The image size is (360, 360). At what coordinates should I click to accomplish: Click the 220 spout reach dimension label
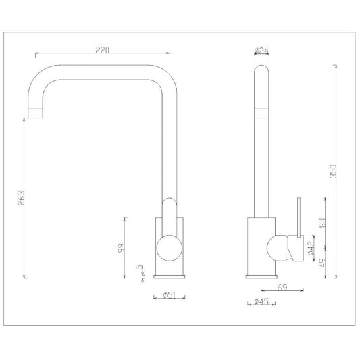(x=103, y=50)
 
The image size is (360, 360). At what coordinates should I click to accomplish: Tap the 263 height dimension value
(x=21, y=198)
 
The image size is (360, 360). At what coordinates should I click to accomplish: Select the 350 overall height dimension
(x=333, y=171)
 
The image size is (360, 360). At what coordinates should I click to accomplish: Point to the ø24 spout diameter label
(x=262, y=51)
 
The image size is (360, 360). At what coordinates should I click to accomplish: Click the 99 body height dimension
(x=121, y=248)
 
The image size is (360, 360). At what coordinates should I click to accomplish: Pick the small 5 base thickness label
(x=139, y=267)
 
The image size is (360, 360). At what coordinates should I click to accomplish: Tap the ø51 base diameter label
(x=170, y=295)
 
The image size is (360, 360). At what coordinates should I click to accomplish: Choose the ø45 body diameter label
(x=261, y=301)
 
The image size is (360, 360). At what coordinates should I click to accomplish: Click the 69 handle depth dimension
(x=282, y=288)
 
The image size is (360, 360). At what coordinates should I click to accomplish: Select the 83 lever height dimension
(x=322, y=222)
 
